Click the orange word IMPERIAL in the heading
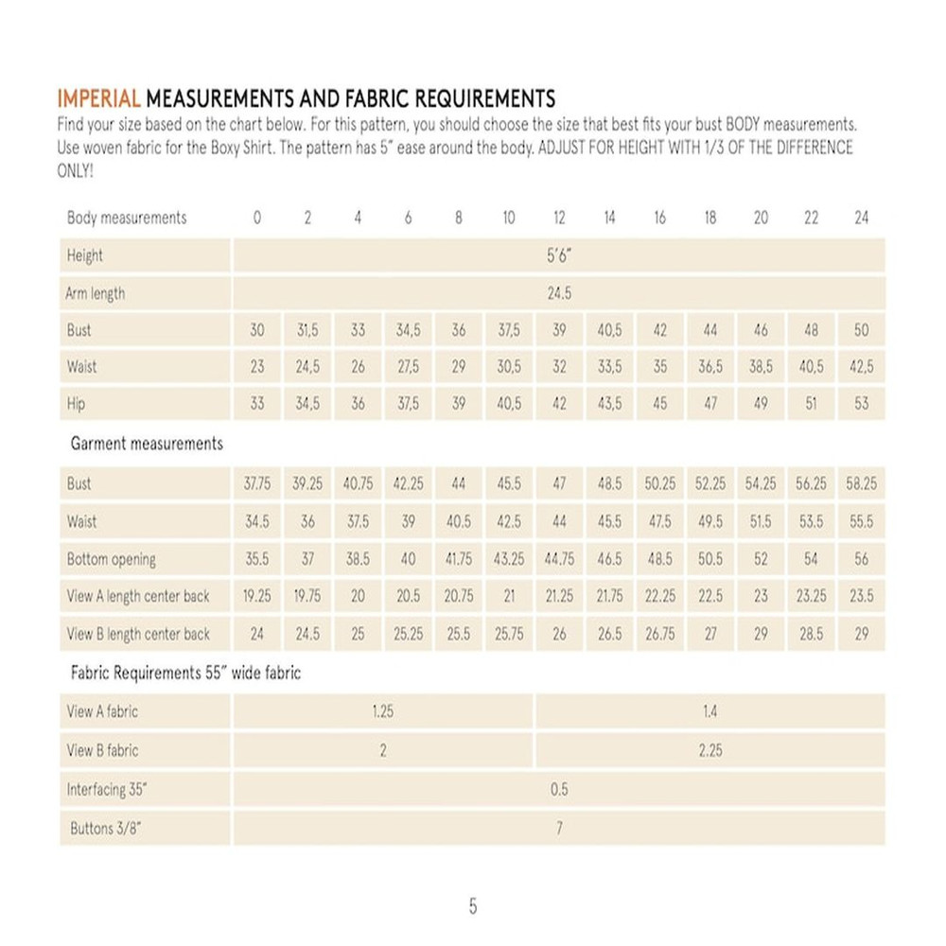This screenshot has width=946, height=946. click(99, 98)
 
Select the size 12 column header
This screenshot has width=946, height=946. click(559, 218)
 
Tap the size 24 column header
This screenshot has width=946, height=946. click(861, 218)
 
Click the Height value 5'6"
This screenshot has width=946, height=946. click(559, 255)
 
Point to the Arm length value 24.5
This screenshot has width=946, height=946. click(559, 293)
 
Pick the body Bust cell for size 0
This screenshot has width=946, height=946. click(257, 331)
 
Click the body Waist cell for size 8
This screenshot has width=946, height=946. click(459, 367)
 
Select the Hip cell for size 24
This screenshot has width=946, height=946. click(861, 404)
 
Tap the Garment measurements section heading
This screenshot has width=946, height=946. click(147, 443)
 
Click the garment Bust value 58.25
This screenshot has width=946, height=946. click(861, 483)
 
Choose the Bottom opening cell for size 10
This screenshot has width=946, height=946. click(509, 559)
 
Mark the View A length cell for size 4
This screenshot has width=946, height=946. click(358, 597)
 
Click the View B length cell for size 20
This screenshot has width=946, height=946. click(761, 634)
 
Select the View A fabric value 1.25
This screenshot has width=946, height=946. click(382, 711)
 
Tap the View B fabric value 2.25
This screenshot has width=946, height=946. click(709, 750)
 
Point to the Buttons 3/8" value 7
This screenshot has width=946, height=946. click(559, 829)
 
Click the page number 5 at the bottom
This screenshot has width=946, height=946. click(473, 906)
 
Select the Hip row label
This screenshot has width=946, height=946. click(77, 404)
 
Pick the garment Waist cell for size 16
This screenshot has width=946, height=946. click(659, 521)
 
